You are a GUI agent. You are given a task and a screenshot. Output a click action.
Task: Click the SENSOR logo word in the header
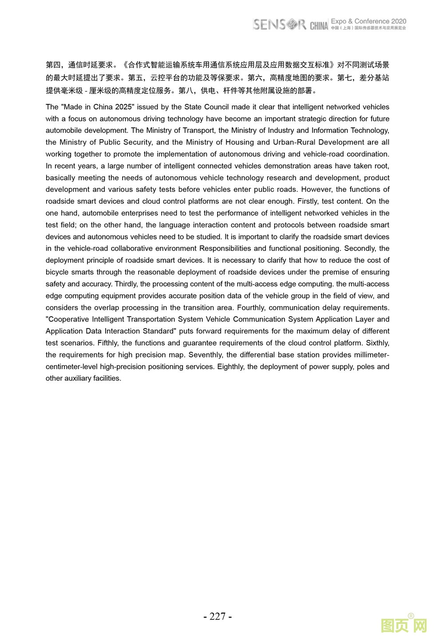tap(279, 24)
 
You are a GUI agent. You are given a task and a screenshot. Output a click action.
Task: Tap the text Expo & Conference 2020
tap(368, 21)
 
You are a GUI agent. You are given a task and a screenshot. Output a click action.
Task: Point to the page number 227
tap(217, 616)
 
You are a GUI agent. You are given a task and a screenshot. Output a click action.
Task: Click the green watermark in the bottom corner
tap(403, 625)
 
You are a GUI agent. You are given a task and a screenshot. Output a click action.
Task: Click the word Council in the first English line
tap(216, 107)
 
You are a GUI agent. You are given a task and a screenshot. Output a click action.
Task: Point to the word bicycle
tap(58, 272)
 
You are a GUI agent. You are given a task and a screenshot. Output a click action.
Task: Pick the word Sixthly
tap(377, 343)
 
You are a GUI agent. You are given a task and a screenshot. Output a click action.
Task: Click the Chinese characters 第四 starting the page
tap(53, 65)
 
